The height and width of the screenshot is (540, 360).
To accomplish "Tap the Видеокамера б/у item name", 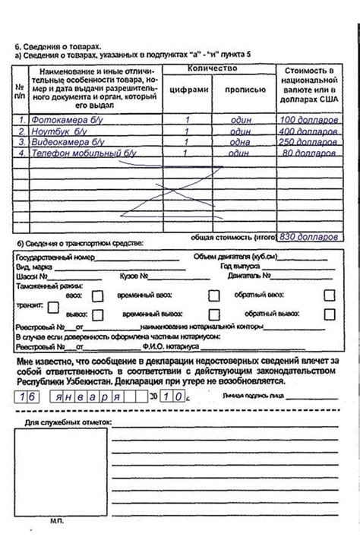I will (x=68, y=141).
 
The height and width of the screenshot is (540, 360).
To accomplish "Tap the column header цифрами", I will (x=187, y=89).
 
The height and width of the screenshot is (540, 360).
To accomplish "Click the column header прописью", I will (x=245, y=89).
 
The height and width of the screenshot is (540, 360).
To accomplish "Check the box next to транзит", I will (x=53, y=306).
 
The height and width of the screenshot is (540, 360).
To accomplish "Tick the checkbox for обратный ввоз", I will (x=330, y=295).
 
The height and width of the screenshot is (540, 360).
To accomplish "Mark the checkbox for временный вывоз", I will (x=214, y=313).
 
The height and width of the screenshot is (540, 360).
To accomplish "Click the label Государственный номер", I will (x=50, y=257).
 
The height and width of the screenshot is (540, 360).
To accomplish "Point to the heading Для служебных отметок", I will (x=68, y=421).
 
